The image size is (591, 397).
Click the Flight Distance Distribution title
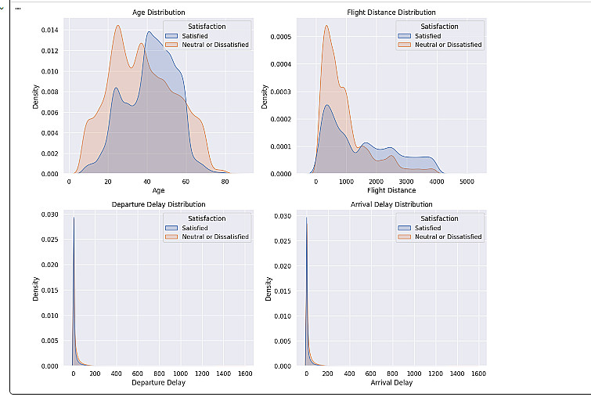pyautogui.click(x=391, y=13)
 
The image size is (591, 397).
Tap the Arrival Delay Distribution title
pyautogui.click(x=391, y=204)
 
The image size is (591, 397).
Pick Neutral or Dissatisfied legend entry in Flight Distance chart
pyautogui.click(x=448, y=45)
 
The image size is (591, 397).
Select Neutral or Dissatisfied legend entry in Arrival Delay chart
pyautogui.click(x=448, y=236)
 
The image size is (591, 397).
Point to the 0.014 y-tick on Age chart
pyautogui.click(x=49, y=30)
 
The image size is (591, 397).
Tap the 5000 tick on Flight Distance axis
pyautogui.click(x=467, y=182)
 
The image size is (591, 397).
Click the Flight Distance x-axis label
pyautogui.click(x=391, y=190)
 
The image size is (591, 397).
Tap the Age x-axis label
pyautogui.click(x=158, y=190)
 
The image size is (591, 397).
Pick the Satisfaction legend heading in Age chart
pyautogui.click(x=207, y=27)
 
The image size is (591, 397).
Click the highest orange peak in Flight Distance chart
pyautogui.click(x=326, y=26)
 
